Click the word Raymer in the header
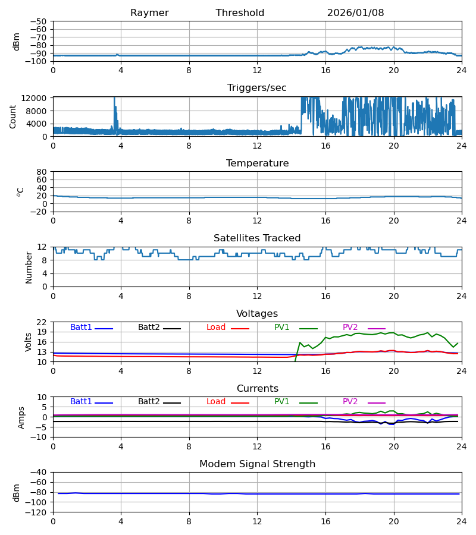149,13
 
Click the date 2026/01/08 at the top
355,13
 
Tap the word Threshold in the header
240,13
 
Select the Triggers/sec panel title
257,88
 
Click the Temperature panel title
257,163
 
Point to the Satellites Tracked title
257,238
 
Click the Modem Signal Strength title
257,464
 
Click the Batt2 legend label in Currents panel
149,402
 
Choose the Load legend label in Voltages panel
216,328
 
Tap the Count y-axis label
13,117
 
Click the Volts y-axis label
29,342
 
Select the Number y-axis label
29,267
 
